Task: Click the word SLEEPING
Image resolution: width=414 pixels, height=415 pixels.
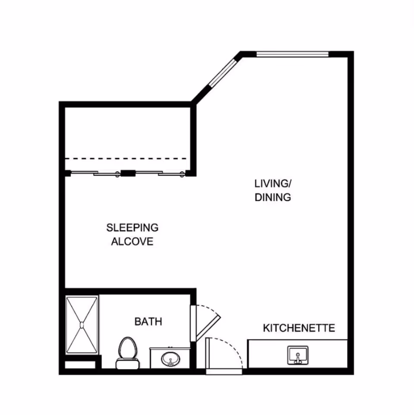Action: coord(132,228)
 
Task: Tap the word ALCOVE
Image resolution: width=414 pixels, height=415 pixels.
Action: coord(132,242)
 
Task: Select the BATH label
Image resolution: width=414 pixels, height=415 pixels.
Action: coord(148,321)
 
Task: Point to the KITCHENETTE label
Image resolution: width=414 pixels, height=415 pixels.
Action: coord(299,328)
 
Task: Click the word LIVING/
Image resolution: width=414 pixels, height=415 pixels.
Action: coord(273,183)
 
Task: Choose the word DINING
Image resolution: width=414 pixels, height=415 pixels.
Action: coord(273,197)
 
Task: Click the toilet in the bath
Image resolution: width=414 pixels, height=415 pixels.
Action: coord(128,353)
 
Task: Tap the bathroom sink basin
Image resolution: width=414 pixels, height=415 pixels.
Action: coord(171,359)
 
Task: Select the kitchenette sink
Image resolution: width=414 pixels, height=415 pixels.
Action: coord(298,355)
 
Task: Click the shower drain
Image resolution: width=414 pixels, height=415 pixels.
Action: coord(82,325)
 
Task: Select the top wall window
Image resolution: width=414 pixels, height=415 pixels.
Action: coord(292,54)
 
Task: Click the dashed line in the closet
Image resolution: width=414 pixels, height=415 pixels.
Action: coord(126,158)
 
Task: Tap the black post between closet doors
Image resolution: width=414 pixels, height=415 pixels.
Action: coord(129,173)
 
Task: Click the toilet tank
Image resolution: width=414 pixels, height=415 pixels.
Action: coord(128,364)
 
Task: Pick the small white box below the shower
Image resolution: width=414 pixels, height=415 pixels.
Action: coord(80,365)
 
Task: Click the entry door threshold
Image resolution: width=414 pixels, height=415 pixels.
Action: coord(224,371)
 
